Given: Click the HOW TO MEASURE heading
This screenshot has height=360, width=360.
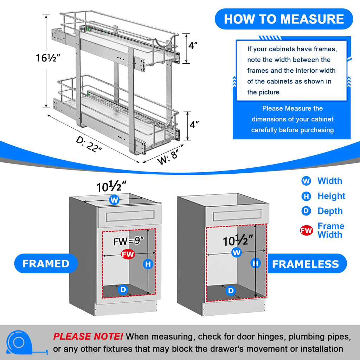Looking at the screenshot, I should pos(284,19).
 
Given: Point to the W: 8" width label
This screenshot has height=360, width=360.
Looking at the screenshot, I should pos(168,157).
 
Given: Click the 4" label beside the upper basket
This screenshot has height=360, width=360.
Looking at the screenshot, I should pos(193,46).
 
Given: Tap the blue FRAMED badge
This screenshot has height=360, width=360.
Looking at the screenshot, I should pos(46,264).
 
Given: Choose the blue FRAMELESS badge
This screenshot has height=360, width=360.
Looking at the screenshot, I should pos(305,264).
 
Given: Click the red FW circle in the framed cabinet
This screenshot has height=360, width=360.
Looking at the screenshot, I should pos(128,255).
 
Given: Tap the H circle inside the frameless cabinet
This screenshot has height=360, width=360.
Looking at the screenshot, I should pos(256,263).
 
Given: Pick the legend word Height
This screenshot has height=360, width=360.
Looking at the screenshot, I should pos(331,196).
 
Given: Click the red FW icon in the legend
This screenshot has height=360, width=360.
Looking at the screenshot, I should pos(306,231).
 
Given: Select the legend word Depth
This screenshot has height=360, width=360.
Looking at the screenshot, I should pos(330,211).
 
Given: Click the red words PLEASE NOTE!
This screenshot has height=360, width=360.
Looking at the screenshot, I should pos(88,337).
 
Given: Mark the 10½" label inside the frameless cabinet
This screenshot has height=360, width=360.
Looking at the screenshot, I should pos(238,241).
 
